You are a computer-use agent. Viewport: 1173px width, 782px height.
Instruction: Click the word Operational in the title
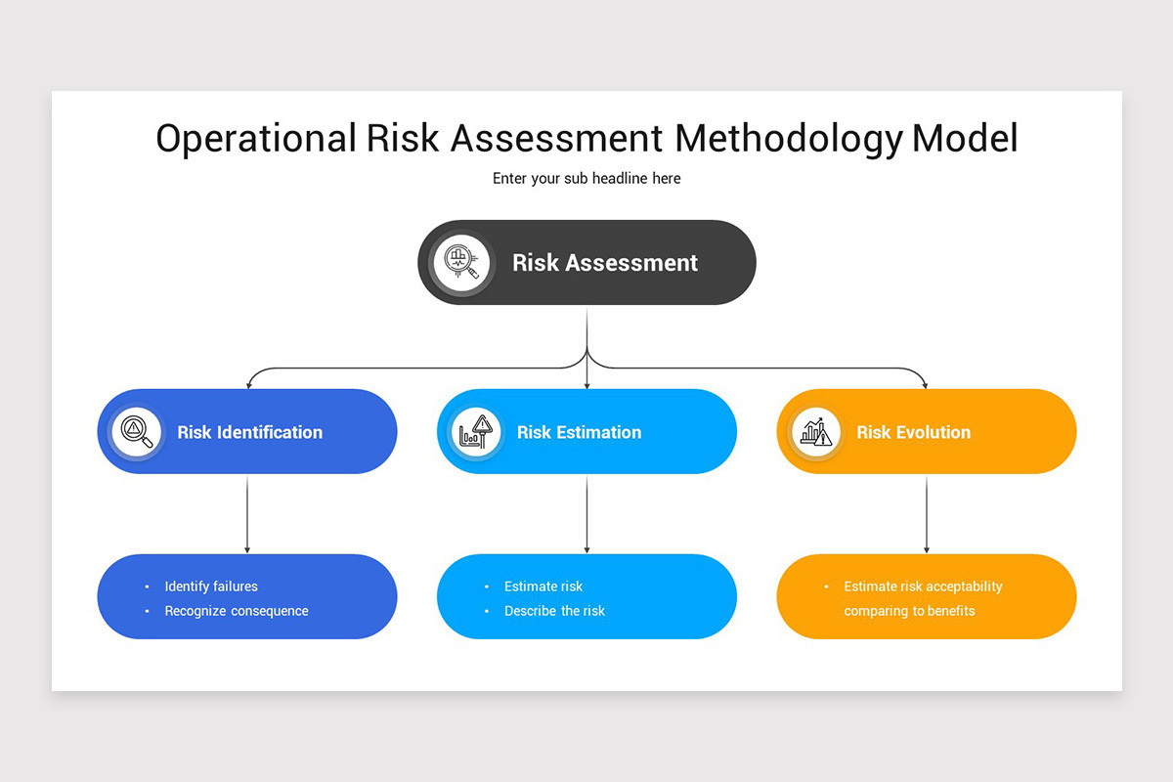coord(256,139)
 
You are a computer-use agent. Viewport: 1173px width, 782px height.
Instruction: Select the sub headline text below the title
coord(586,179)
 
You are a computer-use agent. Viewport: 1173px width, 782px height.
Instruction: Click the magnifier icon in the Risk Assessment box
coord(461,262)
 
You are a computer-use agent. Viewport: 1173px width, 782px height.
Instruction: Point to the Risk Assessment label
coord(605,263)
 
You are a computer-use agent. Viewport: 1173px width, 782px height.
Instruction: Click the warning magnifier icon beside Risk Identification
coord(136,431)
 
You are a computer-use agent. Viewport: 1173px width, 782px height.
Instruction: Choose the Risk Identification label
coord(249,432)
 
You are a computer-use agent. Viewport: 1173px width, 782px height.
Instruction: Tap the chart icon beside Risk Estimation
coord(476,431)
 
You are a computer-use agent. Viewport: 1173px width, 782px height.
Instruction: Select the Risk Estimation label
coord(579,432)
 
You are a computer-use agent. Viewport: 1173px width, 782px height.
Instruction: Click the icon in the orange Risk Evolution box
coord(815,431)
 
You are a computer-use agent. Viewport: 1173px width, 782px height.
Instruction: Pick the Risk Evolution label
coord(913,432)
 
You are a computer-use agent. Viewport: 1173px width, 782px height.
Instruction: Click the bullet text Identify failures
coord(211,586)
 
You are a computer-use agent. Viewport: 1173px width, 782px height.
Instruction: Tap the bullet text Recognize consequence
coord(237,611)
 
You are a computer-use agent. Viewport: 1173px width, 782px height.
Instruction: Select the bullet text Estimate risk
coord(543,586)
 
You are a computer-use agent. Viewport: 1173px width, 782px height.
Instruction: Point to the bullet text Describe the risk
coord(554,611)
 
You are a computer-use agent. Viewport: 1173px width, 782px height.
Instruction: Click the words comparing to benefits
coord(909,611)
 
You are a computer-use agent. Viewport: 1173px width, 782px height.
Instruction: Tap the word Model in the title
coord(965,139)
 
